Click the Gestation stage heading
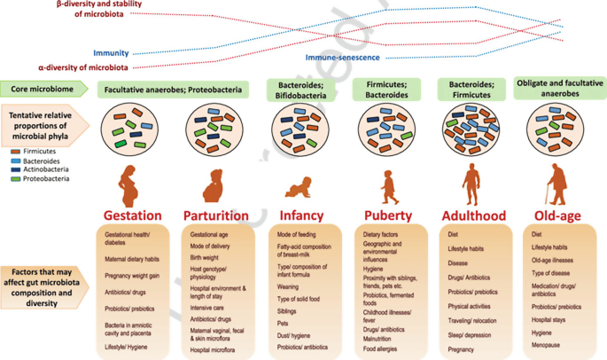click(x=132, y=215)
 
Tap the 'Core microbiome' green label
click(x=43, y=90)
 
